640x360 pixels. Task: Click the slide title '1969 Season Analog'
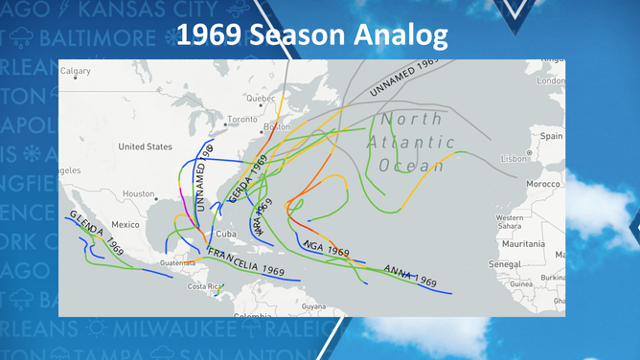click(x=312, y=35)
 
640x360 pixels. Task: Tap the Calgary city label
click(x=76, y=71)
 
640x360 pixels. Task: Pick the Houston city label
click(x=138, y=193)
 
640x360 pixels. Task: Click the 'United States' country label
click(x=145, y=147)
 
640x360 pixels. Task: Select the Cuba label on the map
click(x=226, y=234)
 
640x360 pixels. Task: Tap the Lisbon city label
click(x=515, y=156)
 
